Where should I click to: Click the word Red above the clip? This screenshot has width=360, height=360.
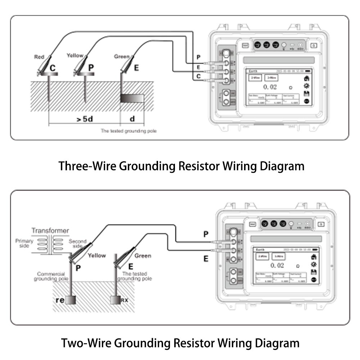(39, 57)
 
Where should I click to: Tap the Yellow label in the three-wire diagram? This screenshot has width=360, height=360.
(75, 55)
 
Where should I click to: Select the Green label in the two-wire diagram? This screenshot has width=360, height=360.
(143, 256)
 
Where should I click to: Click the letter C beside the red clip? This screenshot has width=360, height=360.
(53, 68)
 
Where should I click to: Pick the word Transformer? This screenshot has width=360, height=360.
(50, 230)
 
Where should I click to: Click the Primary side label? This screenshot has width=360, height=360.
(24, 244)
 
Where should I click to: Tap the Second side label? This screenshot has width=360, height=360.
(77, 244)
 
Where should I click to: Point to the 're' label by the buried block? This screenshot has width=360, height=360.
(60, 300)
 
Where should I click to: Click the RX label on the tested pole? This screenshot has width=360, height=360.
(124, 300)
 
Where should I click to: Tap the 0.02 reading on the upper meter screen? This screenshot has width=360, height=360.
(270, 87)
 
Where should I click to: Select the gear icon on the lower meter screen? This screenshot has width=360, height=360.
(313, 264)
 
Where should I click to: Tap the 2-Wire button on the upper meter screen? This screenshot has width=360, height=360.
(255, 77)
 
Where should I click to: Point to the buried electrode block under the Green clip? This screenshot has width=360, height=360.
(132, 98)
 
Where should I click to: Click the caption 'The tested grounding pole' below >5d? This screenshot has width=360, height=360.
(129, 131)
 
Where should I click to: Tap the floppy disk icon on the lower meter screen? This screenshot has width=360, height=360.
(313, 272)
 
